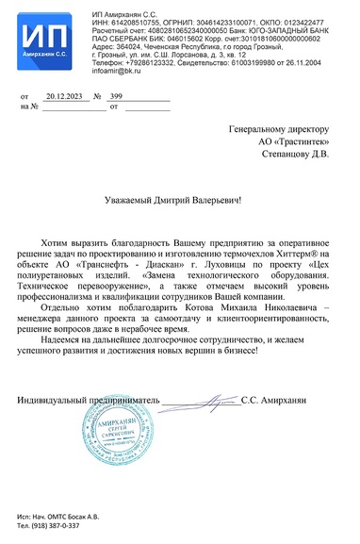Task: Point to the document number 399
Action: (x=117, y=97)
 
